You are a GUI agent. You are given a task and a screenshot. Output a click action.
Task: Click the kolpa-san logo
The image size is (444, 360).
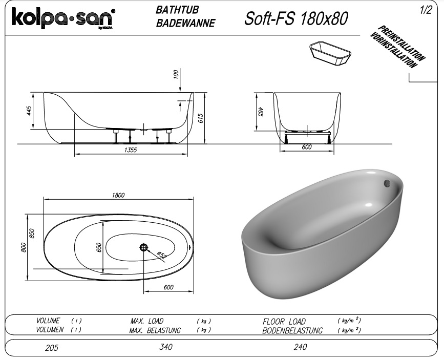click(x=64, y=18)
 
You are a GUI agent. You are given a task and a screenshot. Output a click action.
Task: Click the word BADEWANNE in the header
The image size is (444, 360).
click(x=185, y=23)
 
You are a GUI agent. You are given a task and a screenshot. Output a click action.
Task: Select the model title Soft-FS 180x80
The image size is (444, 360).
click(x=296, y=19)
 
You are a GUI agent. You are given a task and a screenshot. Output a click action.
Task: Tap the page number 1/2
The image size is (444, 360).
click(x=426, y=10)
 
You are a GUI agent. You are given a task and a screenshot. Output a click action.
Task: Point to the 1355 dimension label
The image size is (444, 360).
click(x=131, y=150)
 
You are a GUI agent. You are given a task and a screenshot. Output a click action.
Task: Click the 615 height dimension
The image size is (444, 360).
click(x=200, y=118)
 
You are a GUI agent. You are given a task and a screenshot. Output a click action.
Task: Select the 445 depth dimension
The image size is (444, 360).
click(x=29, y=111)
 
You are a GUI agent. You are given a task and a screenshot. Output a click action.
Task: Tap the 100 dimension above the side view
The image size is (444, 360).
click(x=176, y=74)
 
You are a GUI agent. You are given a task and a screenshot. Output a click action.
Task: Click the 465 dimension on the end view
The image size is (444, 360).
click(x=261, y=112)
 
